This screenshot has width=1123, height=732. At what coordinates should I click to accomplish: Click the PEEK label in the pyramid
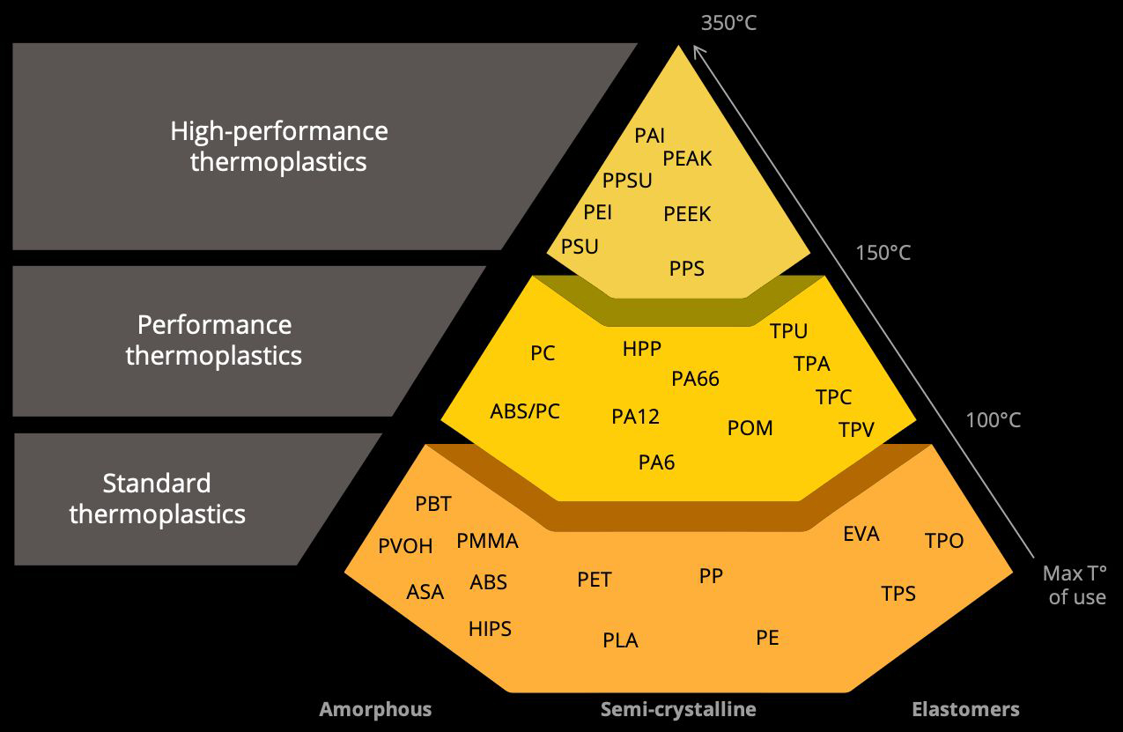[x=687, y=214]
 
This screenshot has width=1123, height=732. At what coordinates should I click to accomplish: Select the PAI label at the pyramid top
[x=650, y=136]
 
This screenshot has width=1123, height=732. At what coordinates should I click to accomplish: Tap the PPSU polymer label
[x=627, y=181]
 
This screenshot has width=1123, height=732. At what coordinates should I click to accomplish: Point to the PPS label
[x=687, y=269]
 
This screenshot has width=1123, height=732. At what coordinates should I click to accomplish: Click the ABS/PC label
[x=525, y=411]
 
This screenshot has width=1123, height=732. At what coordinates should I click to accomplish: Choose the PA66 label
[x=695, y=379]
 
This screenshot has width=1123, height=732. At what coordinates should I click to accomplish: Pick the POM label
[x=750, y=428]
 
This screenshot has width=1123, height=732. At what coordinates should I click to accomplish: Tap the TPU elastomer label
[x=788, y=331]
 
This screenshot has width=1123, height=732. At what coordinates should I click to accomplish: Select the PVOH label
[x=405, y=546]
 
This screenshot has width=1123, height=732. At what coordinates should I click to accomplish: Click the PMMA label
[x=487, y=542]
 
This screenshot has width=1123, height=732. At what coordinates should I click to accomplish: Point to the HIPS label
[x=490, y=629]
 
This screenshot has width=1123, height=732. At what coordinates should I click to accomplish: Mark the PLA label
[x=620, y=640]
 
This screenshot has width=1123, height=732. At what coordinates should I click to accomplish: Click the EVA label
[x=861, y=534]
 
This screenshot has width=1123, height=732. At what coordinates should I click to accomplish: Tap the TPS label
[x=898, y=594]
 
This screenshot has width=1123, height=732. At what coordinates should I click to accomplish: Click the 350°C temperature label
[x=728, y=23]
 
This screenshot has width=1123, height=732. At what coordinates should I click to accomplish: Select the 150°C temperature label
[x=883, y=254]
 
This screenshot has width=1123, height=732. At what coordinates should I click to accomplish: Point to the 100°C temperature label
[x=993, y=420]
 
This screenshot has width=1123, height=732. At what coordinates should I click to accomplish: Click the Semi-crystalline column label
[x=678, y=709]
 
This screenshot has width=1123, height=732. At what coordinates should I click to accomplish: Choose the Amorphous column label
[x=375, y=709]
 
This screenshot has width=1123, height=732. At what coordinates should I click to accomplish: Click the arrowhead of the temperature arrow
[x=698, y=50]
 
